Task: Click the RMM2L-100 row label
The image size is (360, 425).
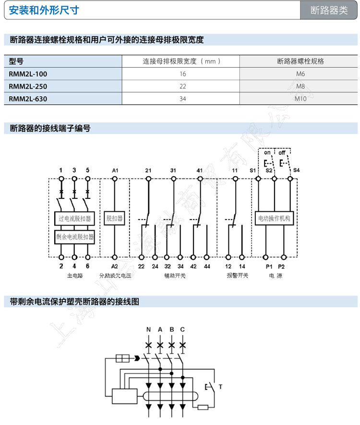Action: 28,74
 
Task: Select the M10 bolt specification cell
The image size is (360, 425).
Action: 300,99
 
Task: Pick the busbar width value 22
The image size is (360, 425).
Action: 182,86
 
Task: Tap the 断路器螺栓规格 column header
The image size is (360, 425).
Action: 300,61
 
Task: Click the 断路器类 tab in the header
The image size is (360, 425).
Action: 329,11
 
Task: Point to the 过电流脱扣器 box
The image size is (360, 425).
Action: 74,219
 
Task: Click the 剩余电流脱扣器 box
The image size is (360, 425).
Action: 74,236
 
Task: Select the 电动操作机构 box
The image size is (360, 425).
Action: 274,219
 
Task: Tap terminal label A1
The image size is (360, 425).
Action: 115,170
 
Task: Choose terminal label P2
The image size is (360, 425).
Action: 281,266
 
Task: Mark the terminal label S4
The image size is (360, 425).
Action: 296,170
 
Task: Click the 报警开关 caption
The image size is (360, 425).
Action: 237,276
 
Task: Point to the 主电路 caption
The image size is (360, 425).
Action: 75,276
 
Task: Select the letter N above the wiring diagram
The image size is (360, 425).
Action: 148,329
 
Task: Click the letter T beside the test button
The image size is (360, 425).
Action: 220,387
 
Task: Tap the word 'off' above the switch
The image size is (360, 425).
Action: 282,153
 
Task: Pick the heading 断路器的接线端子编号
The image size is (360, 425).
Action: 50,128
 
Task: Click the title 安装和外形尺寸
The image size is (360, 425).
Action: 44,10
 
